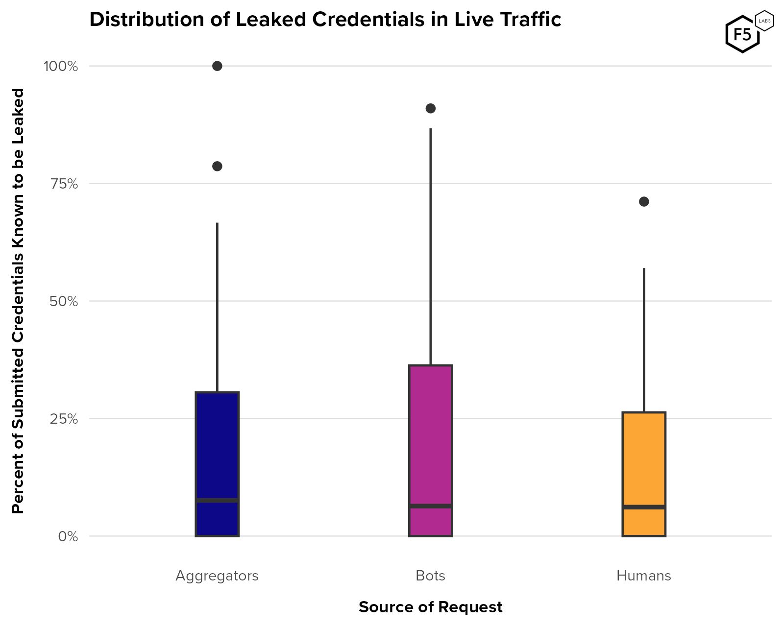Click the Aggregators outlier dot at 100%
click(217, 66)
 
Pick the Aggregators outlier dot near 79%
click(217, 166)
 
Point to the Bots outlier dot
click(430, 108)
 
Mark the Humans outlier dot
click(644, 201)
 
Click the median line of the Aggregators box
click(217, 500)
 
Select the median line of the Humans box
click(643, 507)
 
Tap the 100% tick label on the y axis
click(61, 66)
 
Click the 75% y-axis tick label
click(64, 184)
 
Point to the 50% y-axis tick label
click(64, 301)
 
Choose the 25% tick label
click(64, 419)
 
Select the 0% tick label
click(68, 536)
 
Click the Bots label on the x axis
click(430, 576)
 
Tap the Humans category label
click(643, 576)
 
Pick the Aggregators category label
click(217, 576)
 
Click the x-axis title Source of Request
click(430, 607)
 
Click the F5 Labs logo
click(748, 32)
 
